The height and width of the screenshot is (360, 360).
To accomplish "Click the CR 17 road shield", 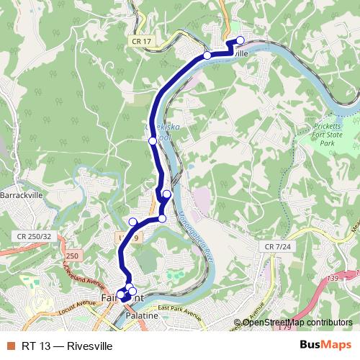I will click(x=142, y=42).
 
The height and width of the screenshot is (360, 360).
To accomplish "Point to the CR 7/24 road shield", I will click(x=278, y=247).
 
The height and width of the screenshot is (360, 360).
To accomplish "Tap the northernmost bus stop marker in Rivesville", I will click(x=240, y=40).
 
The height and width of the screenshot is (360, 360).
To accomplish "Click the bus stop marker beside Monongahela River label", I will click(x=163, y=218).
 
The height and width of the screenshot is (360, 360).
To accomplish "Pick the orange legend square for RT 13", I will click(x=10, y=346).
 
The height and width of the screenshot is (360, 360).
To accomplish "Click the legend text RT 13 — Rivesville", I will click(x=67, y=346).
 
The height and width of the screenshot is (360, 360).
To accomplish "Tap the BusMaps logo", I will click(x=325, y=346).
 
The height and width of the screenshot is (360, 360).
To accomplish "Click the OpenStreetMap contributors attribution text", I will click(x=297, y=322).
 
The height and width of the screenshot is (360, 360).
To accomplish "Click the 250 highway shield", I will click(x=72, y=256).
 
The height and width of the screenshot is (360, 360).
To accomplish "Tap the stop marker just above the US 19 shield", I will click(x=132, y=222).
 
